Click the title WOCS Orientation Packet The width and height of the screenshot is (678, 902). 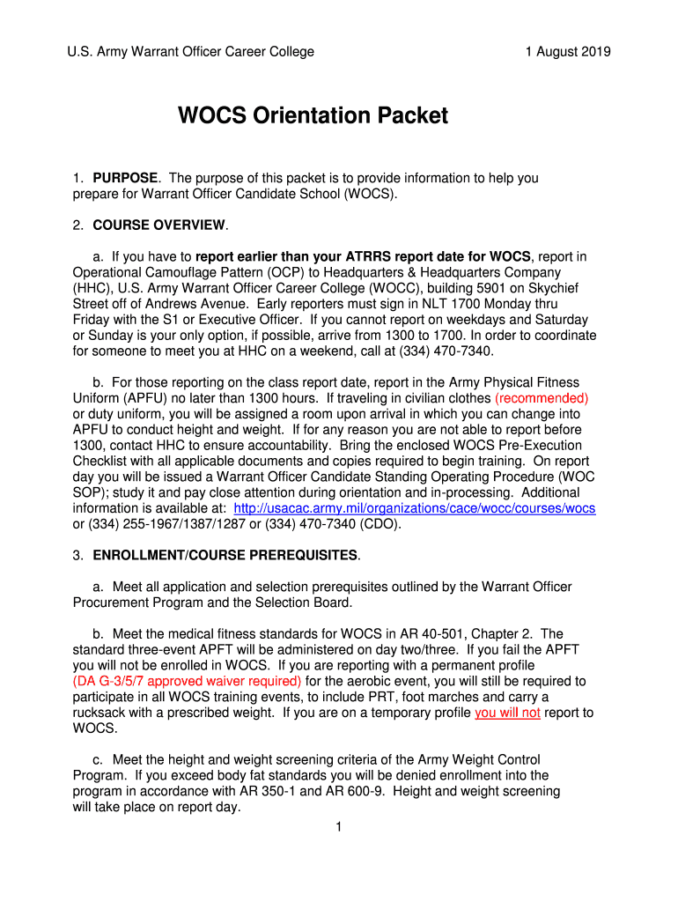tap(313, 115)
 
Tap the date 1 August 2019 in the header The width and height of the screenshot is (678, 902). tap(567, 52)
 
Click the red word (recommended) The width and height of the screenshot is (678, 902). tap(542, 398)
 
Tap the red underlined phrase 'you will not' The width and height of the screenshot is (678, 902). tap(507, 713)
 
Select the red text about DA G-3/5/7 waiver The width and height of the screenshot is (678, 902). tap(187, 681)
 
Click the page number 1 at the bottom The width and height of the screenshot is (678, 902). tap(338, 826)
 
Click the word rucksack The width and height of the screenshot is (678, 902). tap(100, 713)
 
